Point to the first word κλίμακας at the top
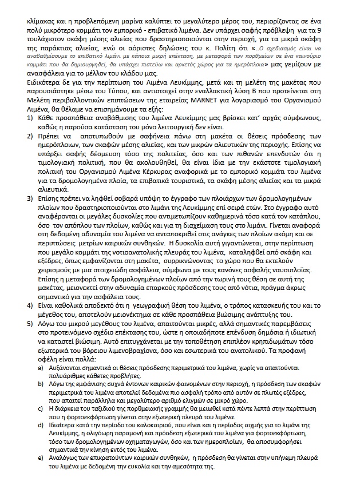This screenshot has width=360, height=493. click(42, 20)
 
